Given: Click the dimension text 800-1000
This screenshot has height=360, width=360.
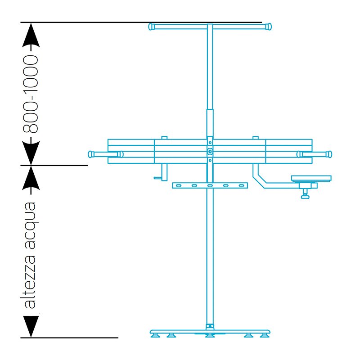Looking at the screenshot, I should pos(31,94).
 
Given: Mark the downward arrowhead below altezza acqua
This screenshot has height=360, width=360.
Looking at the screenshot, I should pos(31,326).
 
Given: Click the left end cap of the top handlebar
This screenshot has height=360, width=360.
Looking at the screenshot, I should pos(152,27).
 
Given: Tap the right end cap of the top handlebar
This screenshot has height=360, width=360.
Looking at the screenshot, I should pos(269,27).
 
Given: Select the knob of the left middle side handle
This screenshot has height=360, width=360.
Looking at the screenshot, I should pos(91,154).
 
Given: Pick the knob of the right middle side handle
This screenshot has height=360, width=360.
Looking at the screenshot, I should pos(330,154).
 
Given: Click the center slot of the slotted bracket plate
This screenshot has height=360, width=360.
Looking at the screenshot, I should pos(210,185).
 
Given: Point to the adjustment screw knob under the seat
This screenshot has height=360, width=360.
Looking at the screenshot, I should pos(306,194).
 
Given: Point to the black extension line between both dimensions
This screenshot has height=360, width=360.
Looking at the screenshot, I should pos(54,165).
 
